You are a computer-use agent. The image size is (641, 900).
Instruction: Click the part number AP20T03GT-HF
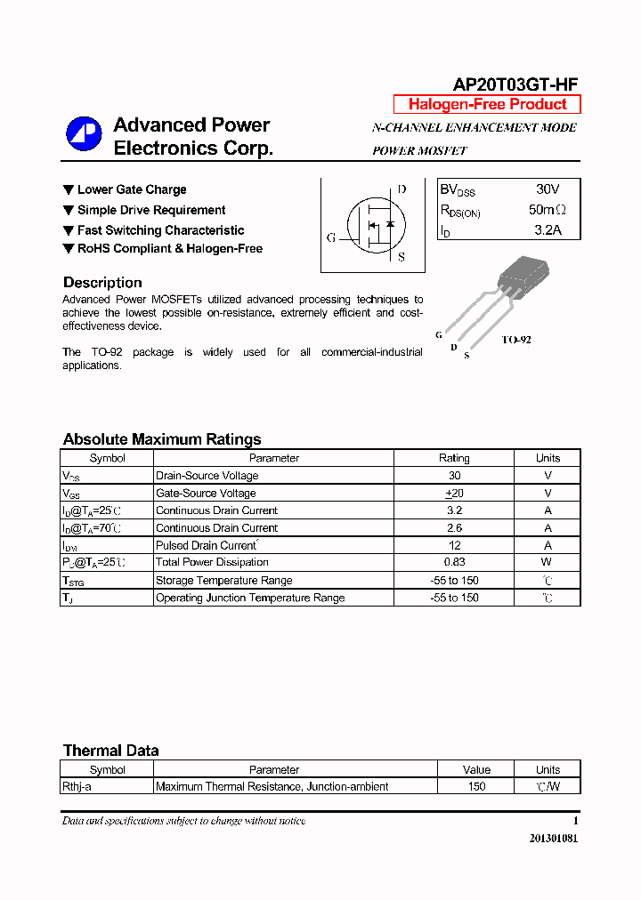pyautogui.click(x=515, y=84)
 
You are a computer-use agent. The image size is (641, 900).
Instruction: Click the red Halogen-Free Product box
pyautogui.click(x=487, y=104)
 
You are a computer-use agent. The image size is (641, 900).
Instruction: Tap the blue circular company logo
pyautogui.click(x=84, y=134)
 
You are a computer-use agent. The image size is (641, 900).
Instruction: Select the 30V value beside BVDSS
pyautogui.click(x=548, y=189)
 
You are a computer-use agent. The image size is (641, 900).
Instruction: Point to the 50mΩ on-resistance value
pyautogui.click(x=547, y=210)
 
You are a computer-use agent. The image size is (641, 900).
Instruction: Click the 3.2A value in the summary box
pyautogui.click(x=548, y=230)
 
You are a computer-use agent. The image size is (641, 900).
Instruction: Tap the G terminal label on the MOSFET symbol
pyautogui.click(x=331, y=237)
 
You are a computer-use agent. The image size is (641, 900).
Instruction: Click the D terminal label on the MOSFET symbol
pyautogui.click(x=402, y=189)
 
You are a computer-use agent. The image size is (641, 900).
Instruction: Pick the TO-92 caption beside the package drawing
pyautogui.click(x=515, y=340)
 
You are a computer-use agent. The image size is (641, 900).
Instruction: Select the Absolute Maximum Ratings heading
pyautogui.click(x=162, y=439)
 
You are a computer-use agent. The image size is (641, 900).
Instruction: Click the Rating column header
pyautogui.click(x=454, y=458)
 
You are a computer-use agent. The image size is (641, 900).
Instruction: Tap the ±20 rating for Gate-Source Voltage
pyautogui.click(x=454, y=493)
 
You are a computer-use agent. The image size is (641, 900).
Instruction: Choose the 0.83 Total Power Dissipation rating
pyautogui.click(x=454, y=562)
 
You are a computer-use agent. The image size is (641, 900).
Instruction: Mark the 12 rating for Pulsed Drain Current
pyautogui.click(x=454, y=545)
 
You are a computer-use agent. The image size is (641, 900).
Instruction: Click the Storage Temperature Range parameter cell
pyautogui.click(x=223, y=580)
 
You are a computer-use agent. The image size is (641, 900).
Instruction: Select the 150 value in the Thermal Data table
pyautogui.click(x=476, y=786)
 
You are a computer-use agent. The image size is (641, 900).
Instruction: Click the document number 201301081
pyautogui.click(x=553, y=839)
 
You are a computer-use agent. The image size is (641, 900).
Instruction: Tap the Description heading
pyautogui.click(x=102, y=283)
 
